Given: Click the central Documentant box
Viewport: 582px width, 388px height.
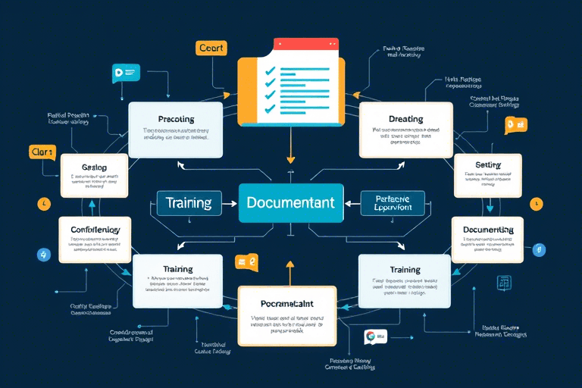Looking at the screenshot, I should [x=290, y=202].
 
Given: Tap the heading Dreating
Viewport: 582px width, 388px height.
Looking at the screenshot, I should [x=405, y=119].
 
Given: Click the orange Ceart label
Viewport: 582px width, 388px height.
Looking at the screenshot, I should [x=211, y=48].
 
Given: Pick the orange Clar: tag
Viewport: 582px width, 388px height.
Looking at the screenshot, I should [x=42, y=152].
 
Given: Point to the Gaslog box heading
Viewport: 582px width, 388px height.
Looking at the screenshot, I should [x=94, y=167].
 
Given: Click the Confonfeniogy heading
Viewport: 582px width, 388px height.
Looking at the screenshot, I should [x=95, y=230].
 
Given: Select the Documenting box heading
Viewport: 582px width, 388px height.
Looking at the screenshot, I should [x=488, y=230].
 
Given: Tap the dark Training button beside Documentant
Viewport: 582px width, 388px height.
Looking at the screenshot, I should [x=189, y=202].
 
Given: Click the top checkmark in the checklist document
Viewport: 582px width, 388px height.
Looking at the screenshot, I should [x=269, y=70].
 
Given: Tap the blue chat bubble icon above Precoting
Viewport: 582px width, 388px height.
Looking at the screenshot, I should [x=125, y=73].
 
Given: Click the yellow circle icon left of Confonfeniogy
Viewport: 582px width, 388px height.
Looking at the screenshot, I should [x=42, y=205].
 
